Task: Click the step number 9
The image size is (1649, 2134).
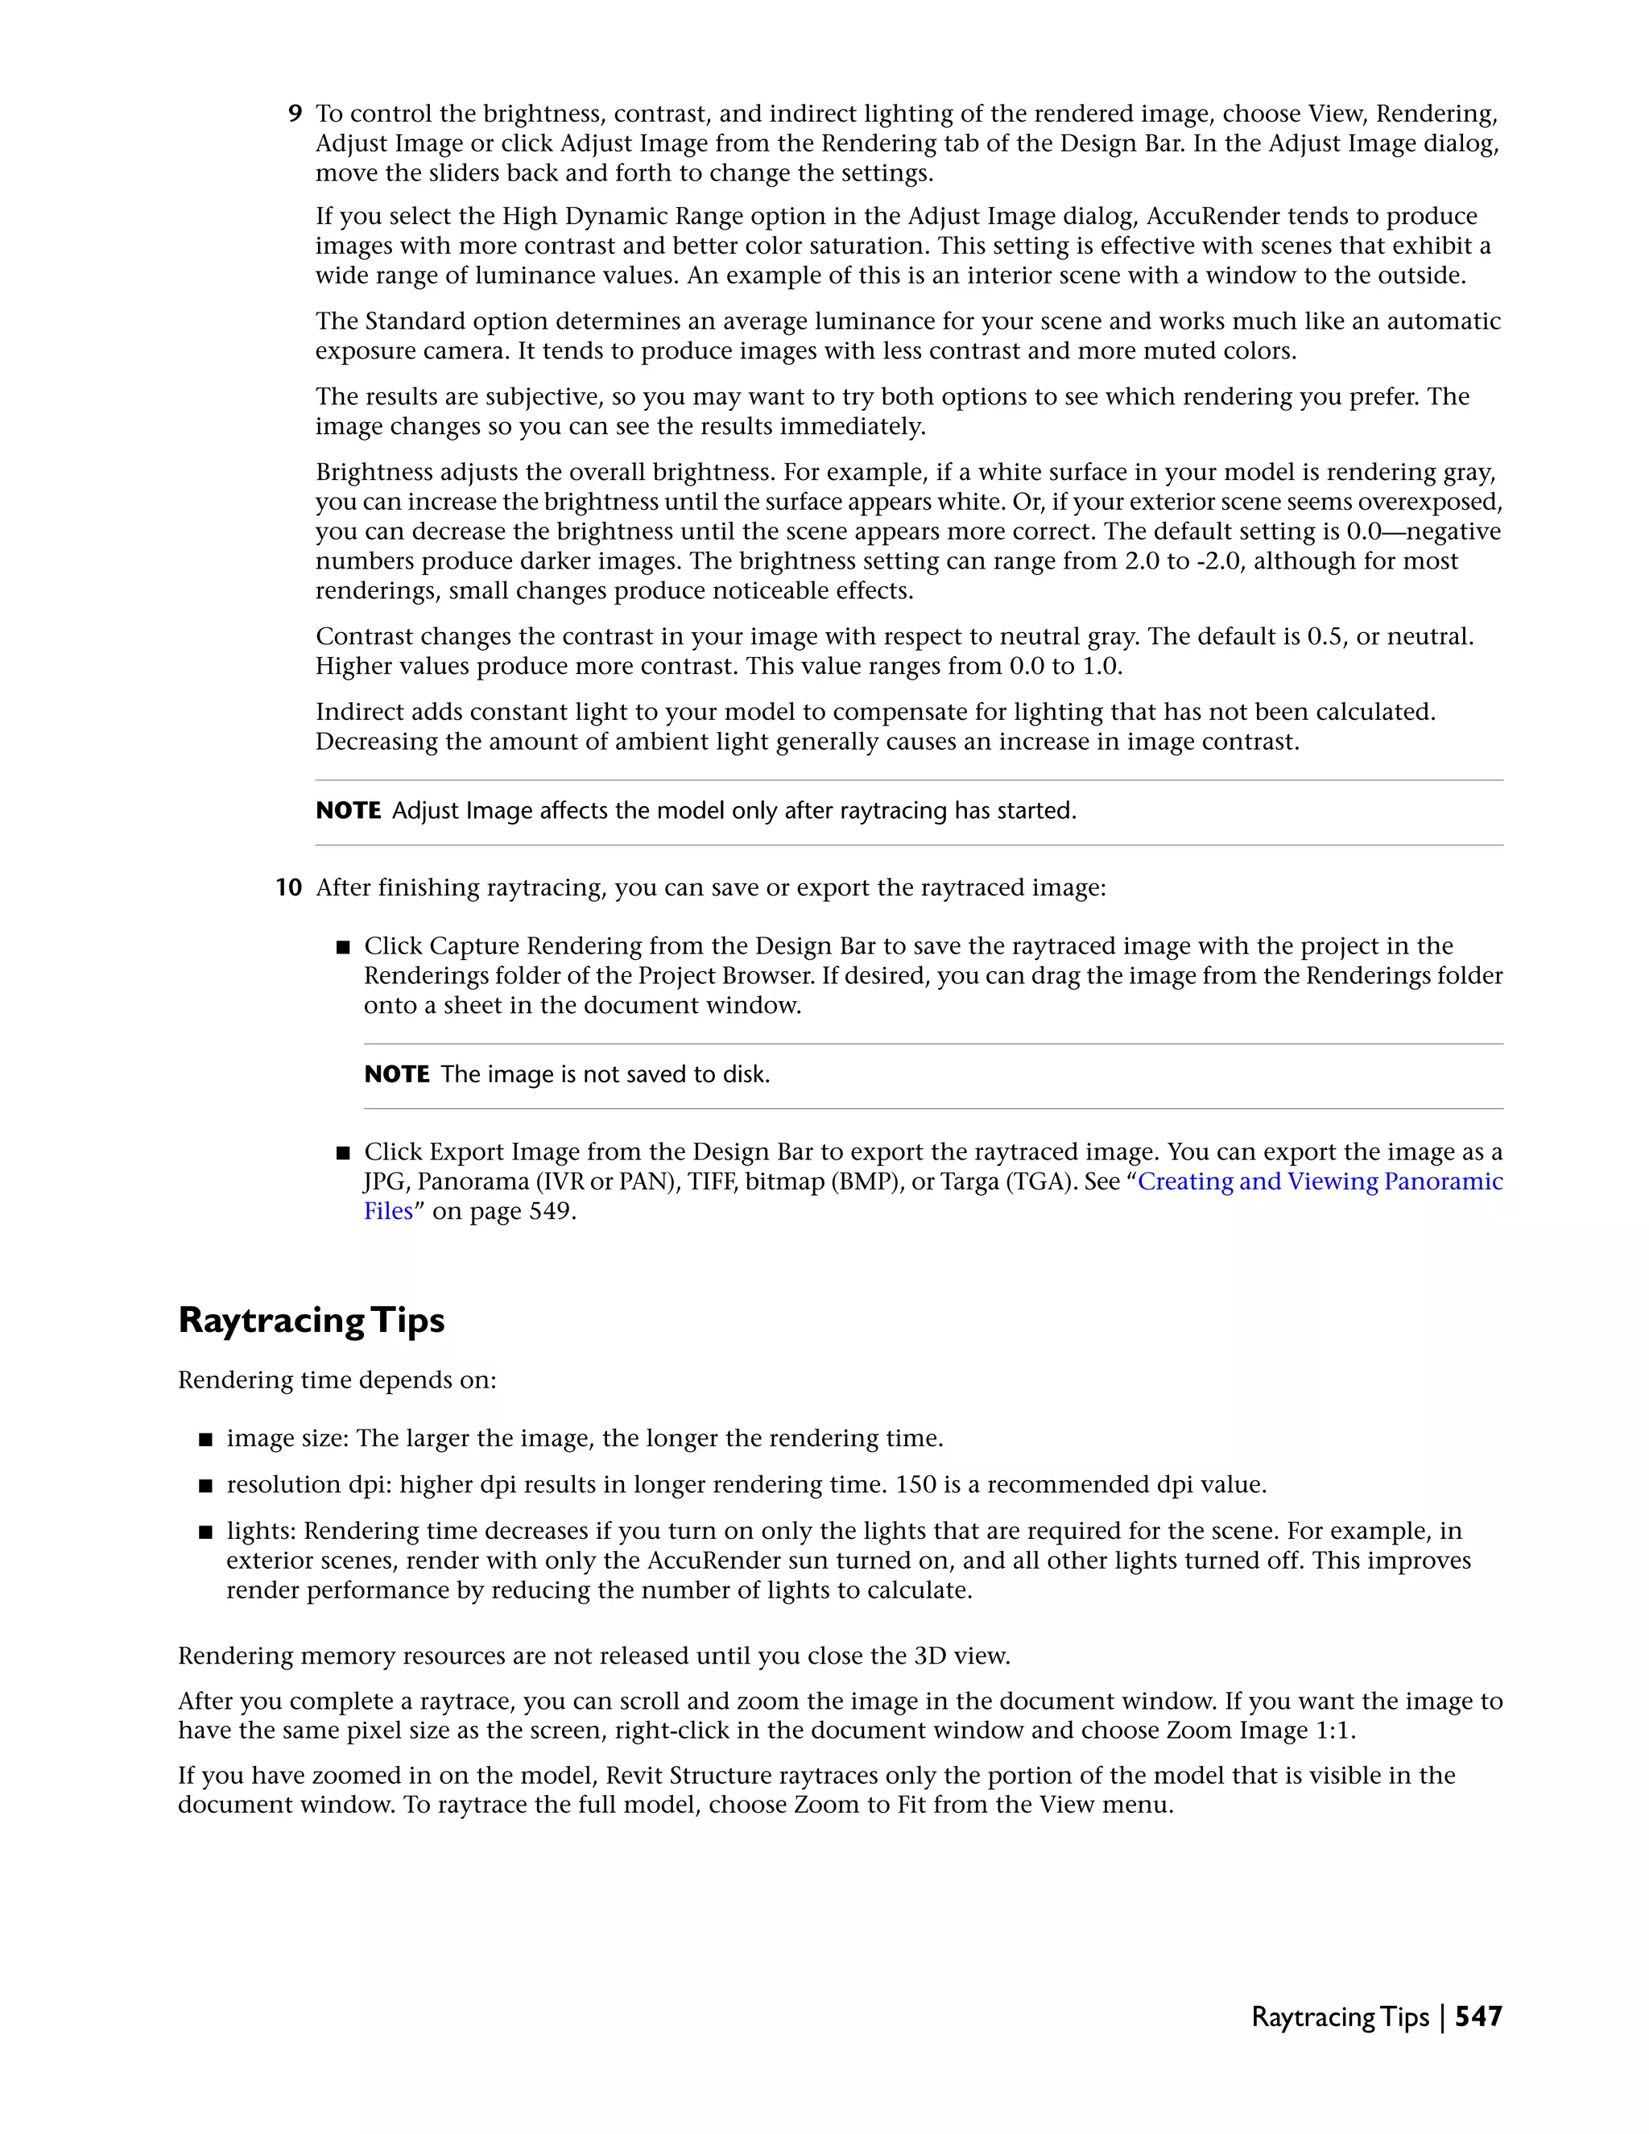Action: [x=294, y=114]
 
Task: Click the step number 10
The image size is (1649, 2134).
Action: [x=288, y=888]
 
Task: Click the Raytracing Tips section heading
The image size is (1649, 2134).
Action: [x=311, y=1320]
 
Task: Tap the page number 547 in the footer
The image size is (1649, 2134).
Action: [x=1478, y=2016]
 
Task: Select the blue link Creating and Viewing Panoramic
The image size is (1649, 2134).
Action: [x=1320, y=1181]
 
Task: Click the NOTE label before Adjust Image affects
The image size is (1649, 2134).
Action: [x=348, y=811]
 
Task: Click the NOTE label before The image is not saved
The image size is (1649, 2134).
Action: [x=397, y=1075]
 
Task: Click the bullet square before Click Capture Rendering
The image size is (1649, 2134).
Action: [x=343, y=948]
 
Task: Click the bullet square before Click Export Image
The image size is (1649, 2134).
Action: [x=343, y=1153]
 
